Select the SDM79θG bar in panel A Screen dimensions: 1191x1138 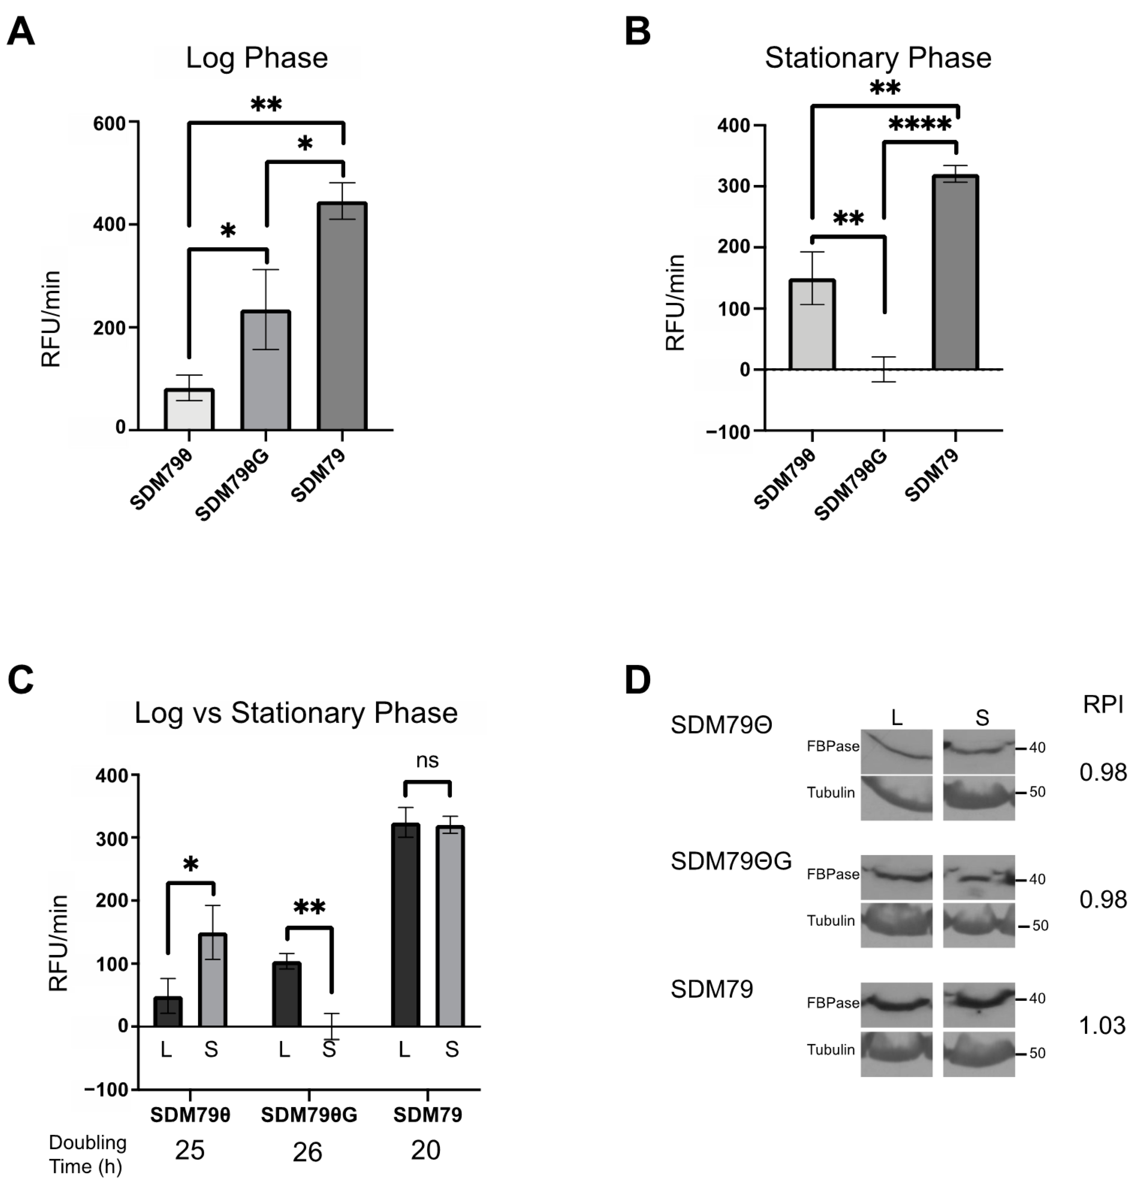click(266, 370)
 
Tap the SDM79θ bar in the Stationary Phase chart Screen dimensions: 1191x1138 click(812, 325)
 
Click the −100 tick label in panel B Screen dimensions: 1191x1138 click(728, 432)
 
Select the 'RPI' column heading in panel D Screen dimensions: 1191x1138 click(1103, 704)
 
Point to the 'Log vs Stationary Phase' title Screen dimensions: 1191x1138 click(296, 713)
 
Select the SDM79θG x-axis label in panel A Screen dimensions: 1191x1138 click(233, 486)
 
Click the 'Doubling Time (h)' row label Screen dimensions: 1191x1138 click(87, 1154)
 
